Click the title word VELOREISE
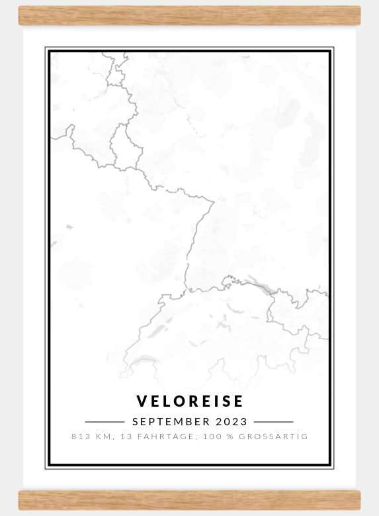[x=190, y=401]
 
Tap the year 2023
[x=232, y=422]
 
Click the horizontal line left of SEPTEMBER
[x=105, y=422]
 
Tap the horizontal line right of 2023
[x=273, y=422]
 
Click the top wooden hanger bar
[x=189, y=15]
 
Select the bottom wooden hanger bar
[x=189, y=500]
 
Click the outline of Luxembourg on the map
[x=122, y=146]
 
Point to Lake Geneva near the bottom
[x=144, y=360]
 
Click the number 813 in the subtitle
[x=79, y=437]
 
